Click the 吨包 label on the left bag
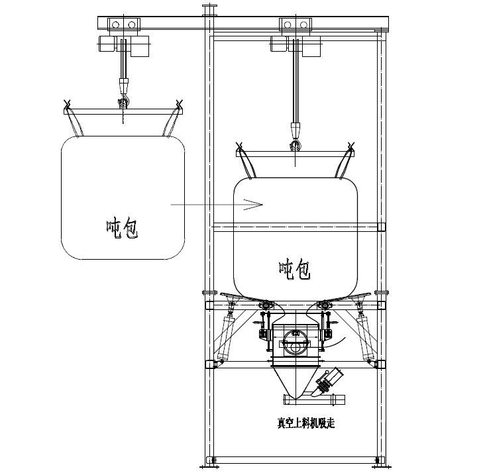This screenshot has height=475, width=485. tap(122, 229)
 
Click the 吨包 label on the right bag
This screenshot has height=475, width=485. tap(294, 269)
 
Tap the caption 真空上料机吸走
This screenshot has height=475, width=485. tap(306, 422)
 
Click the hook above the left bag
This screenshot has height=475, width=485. tap(122, 101)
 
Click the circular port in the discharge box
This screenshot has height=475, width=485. tap(295, 346)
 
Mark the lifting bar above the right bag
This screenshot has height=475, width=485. tap(295, 154)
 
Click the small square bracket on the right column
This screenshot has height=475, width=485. tap(381, 227)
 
